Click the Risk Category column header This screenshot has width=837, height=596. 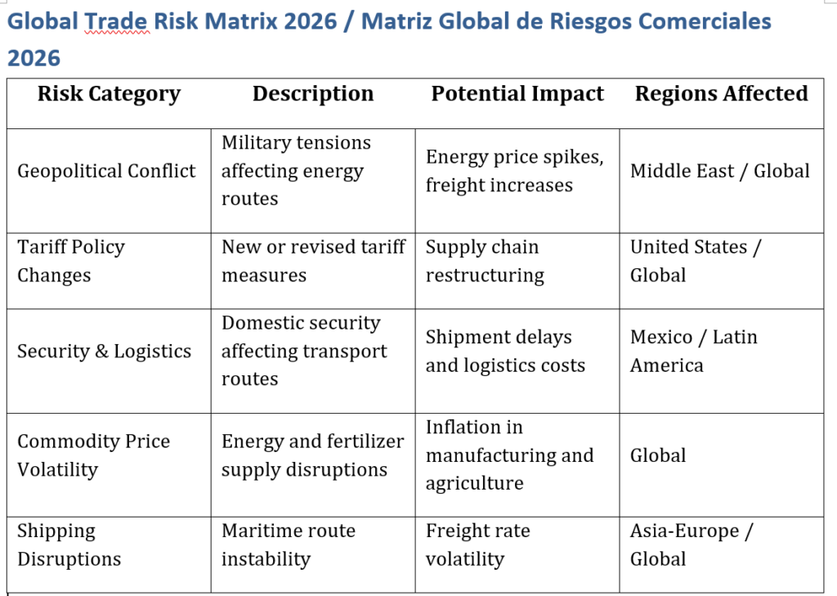coord(109,95)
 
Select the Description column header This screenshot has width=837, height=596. coord(313,95)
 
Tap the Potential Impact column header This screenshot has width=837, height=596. coord(517,95)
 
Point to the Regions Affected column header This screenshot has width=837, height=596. coord(721,95)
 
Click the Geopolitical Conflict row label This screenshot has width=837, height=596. coord(106,171)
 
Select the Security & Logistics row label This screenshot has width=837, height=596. coord(104,352)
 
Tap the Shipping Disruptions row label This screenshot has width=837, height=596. coord(69,545)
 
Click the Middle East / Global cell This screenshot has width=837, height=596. coord(719,171)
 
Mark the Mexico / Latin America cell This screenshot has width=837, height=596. coord(693,352)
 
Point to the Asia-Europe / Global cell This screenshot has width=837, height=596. coord(692,545)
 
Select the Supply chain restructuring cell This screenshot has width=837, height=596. coord(485,261)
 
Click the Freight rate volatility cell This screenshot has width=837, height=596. coord(477,545)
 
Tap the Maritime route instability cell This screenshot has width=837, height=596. coord(288,545)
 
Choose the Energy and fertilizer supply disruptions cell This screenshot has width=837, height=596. coord(312,455)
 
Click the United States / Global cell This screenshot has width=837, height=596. coord(695,261)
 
